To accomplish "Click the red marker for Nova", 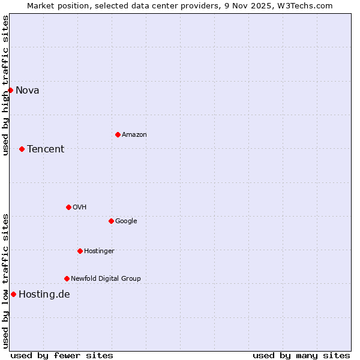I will (10, 90).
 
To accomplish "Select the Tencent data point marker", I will (22, 149).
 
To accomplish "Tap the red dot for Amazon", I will (118, 134).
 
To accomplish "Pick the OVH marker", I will (68, 207).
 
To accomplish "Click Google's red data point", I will (111, 221).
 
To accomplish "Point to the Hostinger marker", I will (80, 251).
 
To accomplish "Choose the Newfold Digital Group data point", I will (67, 278).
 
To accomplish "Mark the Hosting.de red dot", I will (13, 294).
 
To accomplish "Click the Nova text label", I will (28, 91).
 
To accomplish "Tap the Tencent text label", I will (46, 149).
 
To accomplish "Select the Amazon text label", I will (134, 135).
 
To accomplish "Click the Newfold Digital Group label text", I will (106, 278).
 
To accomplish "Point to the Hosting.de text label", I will (44, 294).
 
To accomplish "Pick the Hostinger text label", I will (99, 251).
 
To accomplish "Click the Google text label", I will (126, 221).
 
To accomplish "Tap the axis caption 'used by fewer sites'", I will (62, 355).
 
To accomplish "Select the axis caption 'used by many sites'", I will (301, 355).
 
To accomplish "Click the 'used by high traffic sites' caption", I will (5, 85).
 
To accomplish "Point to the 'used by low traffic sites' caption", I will (5, 281).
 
